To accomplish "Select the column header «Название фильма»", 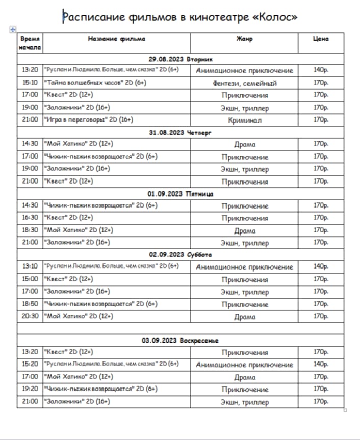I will coord(116,39).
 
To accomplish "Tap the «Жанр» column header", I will coord(244,39).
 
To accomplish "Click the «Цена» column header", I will coord(320,39).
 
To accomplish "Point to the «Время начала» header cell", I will coord(30,43).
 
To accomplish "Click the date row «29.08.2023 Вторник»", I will coord(181,59).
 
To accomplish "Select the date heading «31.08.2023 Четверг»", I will coord(181,133).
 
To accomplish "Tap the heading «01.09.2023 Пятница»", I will coord(181,194).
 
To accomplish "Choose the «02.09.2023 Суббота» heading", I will coord(181,255).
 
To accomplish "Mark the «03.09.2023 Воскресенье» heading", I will coord(181,340).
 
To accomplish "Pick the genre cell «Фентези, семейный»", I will coord(244,83).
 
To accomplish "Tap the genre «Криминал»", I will coord(244,120).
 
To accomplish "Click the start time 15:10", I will coord(30,83).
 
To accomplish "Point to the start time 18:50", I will coord(30,304).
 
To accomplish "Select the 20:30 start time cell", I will coord(30,316).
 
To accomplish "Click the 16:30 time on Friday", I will coord(30,218).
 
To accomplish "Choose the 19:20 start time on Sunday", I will coord(30,389).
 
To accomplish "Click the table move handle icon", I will coord(12,30).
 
